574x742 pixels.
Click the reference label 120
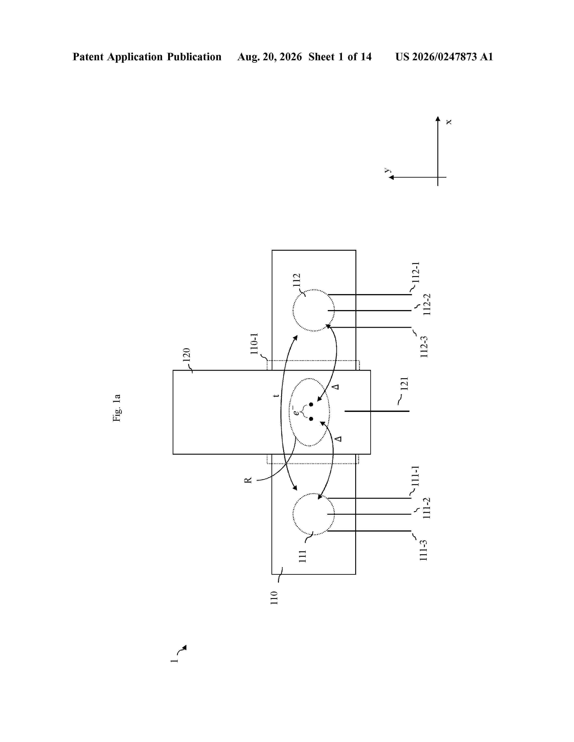point(186,355)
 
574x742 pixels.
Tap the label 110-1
point(254,344)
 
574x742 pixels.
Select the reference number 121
point(404,384)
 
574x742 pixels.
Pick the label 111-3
point(423,550)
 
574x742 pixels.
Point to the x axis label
point(449,122)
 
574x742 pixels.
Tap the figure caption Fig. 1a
point(117,408)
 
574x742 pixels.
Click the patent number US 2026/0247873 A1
point(444,57)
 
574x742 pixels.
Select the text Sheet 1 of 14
point(340,57)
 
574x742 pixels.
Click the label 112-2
point(427,304)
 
